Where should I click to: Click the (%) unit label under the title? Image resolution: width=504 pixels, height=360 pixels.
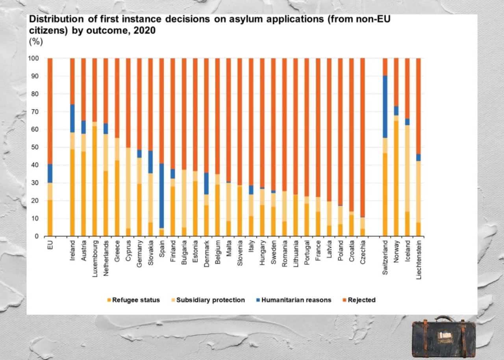pos(36,41)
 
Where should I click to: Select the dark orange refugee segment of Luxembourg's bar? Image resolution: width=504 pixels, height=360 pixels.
pos(94,181)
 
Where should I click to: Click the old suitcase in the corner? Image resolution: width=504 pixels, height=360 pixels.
pos(444,337)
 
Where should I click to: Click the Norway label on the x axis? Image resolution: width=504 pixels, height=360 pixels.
pos(397,252)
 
